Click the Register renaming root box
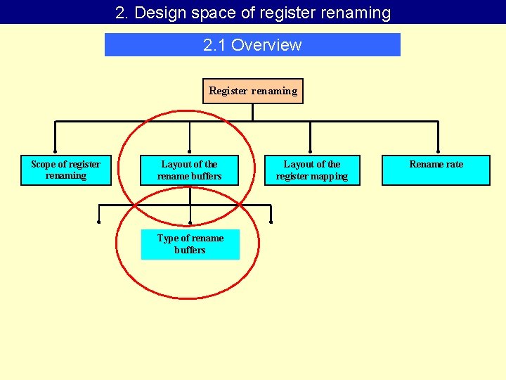click(253, 91)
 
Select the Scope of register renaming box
click(66, 170)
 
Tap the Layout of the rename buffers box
click(190, 170)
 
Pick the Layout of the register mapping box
click(312, 170)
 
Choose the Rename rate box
click(436, 170)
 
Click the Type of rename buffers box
click(190, 244)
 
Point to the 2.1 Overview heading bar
click(252, 45)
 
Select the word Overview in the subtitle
click(266, 45)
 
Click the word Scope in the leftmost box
click(43, 164)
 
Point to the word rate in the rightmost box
click(453, 164)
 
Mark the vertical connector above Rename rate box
click(438, 138)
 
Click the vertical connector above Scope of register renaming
click(56, 138)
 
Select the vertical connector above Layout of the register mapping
click(311, 138)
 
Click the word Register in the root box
click(228, 91)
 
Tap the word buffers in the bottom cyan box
click(190, 250)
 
